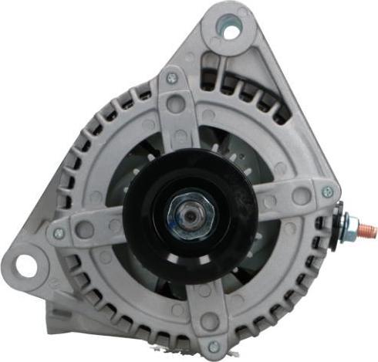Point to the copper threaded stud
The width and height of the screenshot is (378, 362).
click(367, 229)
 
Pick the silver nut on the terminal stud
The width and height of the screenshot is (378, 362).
click(352, 227)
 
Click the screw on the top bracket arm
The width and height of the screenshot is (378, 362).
click(171, 78)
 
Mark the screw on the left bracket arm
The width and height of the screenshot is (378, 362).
click(59, 232)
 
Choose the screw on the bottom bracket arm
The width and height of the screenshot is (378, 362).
click(214, 347)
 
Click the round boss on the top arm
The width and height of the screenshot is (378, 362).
click(180, 104)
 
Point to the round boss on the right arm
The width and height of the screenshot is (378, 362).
click(301, 196)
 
